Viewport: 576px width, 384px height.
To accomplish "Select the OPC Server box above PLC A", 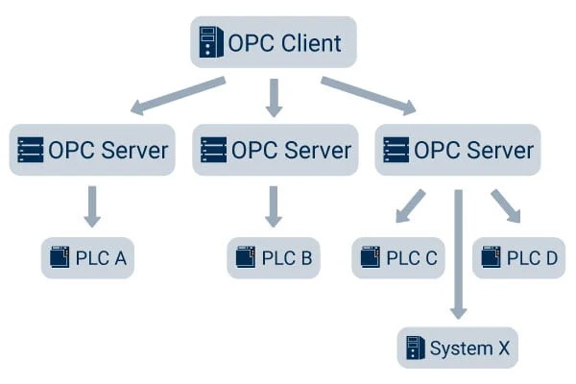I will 93,150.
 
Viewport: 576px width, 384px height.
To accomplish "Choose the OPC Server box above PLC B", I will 276,150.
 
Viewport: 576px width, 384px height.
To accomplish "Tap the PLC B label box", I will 275,257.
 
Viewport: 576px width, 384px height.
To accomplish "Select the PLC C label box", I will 399,257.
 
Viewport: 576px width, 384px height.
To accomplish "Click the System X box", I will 458,348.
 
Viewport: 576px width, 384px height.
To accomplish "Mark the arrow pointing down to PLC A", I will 92,206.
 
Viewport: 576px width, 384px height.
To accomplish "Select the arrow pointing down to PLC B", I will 275,206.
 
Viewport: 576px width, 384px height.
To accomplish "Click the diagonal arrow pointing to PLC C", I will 411,205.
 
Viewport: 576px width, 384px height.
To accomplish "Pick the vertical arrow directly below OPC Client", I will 275,97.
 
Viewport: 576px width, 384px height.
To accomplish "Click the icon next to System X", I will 415,348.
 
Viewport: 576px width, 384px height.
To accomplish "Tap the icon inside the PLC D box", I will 492,257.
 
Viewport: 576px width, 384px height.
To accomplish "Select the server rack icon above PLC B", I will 213,150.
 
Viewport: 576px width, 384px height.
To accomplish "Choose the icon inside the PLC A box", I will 60,257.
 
